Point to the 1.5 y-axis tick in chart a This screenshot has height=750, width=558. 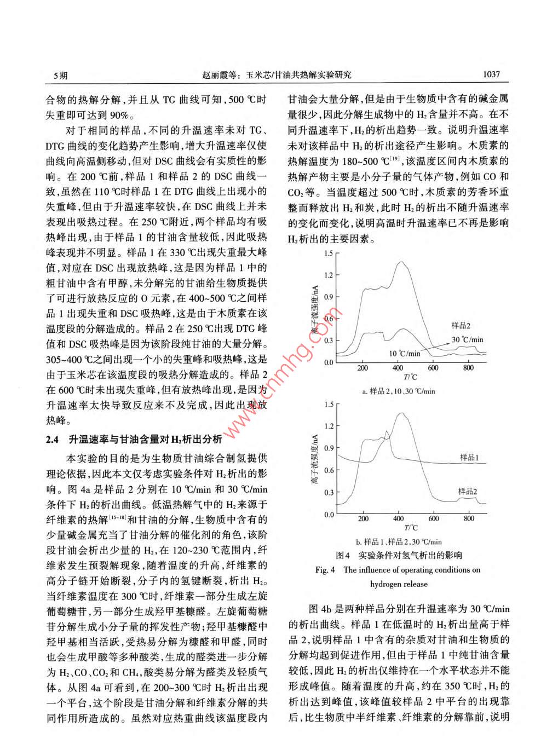pos(328,253)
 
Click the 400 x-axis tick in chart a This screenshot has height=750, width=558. pos(398,368)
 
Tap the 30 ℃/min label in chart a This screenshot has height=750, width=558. pos(468,339)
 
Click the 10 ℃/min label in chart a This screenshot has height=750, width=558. pos(405,353)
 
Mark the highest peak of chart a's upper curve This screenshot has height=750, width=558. pos(401,262)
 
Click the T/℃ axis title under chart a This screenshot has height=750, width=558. pos(410,377)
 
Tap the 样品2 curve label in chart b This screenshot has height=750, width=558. pos(468,492)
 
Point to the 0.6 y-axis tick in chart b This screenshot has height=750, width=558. pos(328,470)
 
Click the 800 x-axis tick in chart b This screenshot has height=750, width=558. pos(469,518)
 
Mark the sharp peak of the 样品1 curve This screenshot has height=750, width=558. pos(387,432)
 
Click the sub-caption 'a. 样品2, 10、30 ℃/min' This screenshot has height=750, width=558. pos(399,391)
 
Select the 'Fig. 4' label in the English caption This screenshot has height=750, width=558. pos(325,570)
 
